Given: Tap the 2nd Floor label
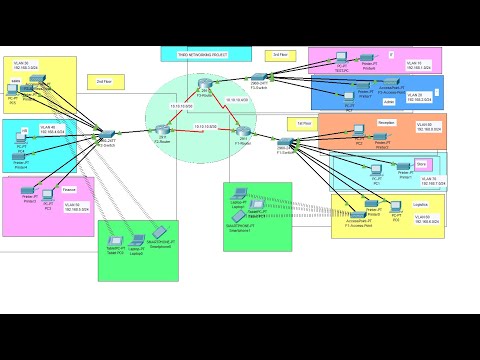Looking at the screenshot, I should click(x=103, y=82).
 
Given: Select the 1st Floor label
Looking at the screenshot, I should click(x=305, y=123).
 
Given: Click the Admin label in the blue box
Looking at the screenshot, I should click(x=389, y=101).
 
